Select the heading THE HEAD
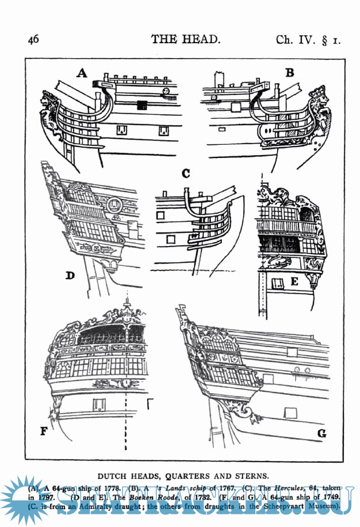(x=186, y=39)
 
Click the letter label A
(x=82, y=73)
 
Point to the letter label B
(x=289, y=72)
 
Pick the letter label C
(x=185, y=173)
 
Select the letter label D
(x=70, y=275)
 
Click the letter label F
(x=44, y=430)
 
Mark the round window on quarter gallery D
(x=115, y=204)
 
